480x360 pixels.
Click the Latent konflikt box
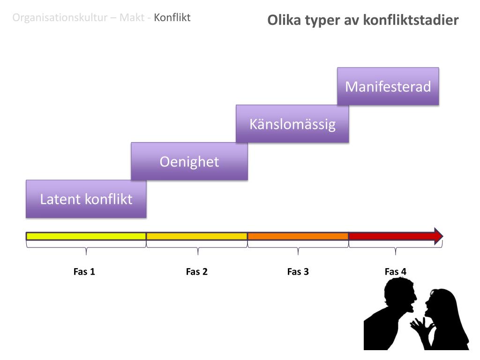point(86,199)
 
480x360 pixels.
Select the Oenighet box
point(189,161)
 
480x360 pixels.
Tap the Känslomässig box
point(292,124)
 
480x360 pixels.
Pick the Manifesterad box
point(388,86)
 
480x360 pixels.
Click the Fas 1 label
point(84,272)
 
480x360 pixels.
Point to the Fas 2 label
point(197,272)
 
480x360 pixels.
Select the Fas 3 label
point(298,272)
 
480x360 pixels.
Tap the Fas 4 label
point(396,272)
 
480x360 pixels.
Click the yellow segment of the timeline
point(86,236)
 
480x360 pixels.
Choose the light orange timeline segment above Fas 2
point(197,236)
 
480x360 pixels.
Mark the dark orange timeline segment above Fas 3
point(298,236)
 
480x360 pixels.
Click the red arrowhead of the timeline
point(438,236)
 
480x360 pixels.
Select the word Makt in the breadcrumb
point(132,18)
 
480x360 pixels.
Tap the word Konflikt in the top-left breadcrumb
point(172,18)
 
